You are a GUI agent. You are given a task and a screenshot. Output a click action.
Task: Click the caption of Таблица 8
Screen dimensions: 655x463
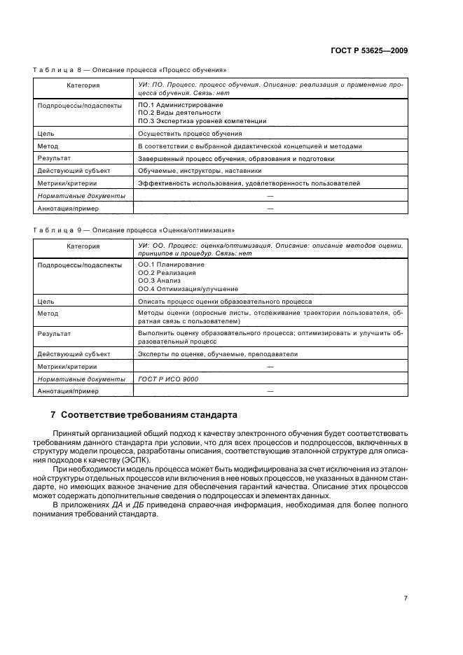coord(130,70)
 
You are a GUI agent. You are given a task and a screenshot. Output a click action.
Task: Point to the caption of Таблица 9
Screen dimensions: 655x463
coord(134,230)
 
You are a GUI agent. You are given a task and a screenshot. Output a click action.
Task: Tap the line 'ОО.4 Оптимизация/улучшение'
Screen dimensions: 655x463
coord(188,289)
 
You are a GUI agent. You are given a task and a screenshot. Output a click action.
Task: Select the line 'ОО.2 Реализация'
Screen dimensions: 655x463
coord(167,273)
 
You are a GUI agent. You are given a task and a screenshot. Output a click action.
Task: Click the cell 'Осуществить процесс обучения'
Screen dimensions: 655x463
coord(190,133)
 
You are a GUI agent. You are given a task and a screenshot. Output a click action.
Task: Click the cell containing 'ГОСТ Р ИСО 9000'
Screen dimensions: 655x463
coord(168,379)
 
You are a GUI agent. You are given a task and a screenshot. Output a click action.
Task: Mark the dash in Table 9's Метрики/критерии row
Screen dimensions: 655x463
coord(269,367)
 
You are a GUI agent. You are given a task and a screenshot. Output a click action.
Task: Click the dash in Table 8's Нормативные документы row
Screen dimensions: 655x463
coord(269,196)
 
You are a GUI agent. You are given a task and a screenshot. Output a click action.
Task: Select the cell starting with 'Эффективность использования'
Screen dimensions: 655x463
coord(249,183)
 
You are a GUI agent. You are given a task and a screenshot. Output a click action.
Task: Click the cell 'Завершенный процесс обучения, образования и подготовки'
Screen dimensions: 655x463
coord(236,159)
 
